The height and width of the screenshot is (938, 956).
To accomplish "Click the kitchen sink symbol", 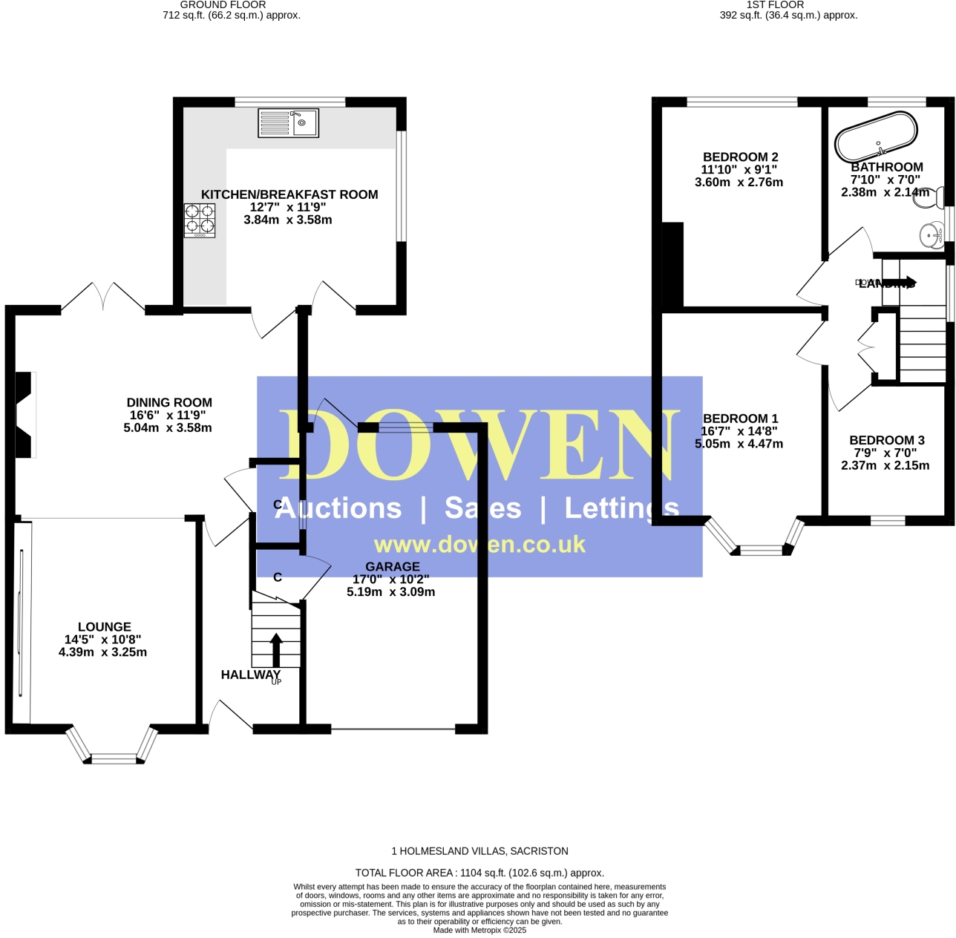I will pos(288,122).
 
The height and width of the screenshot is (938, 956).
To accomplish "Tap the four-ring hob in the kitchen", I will pos(200,220).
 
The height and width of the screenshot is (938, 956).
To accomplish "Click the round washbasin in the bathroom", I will pos(931,235).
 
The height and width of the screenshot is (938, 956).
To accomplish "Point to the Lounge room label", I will pos(104,627).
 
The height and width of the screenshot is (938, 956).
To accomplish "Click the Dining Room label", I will pos(169,403).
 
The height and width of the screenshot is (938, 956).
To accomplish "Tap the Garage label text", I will pos(392,567).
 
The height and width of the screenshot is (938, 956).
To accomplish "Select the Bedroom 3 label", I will pos(886,441).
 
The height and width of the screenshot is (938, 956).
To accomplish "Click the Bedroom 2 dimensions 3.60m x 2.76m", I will pos(739,183).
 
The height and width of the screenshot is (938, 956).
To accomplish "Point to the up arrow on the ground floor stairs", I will pos(276,649).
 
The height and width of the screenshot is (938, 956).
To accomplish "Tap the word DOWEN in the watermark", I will pos(479,445).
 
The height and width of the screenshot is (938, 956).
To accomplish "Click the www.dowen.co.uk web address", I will pos(479,545).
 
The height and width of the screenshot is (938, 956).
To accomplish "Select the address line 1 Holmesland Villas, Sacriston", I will pos(479,851).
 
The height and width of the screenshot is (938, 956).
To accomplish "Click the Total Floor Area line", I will pos(479,873).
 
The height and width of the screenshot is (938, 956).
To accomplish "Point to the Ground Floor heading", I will pos(223,5).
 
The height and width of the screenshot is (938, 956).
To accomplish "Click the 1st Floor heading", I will pos(775,5).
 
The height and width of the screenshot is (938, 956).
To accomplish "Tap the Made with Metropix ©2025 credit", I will pos(479,930).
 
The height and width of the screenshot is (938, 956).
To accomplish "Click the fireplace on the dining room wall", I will pos(25,415).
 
